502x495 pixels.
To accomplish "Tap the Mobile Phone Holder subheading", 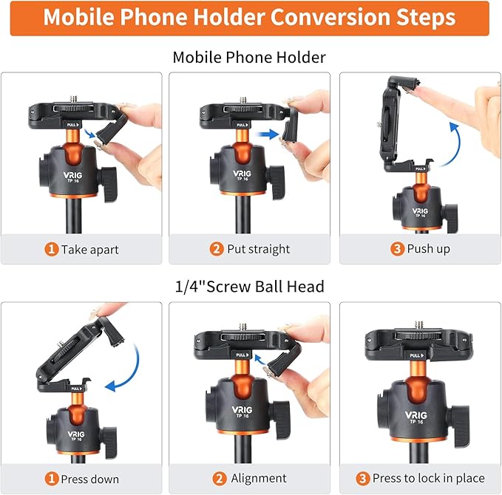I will tap(249, 57).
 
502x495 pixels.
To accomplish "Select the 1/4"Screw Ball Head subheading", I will tap(249, 287).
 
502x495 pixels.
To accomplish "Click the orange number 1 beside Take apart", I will tap(52, 249).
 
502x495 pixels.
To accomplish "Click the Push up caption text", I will tap(428, 249).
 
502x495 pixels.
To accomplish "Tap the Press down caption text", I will tap(90, 478).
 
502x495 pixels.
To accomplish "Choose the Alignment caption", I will tap(259, 478).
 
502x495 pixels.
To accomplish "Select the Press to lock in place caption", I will tap(428, 478).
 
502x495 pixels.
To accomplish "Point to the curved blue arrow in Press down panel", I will tap(123, 365).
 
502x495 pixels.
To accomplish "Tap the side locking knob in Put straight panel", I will tap(277, 177).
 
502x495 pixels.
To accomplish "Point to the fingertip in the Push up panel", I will tap(459, 95).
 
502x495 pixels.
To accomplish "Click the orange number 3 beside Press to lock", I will tap(364, 478).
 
